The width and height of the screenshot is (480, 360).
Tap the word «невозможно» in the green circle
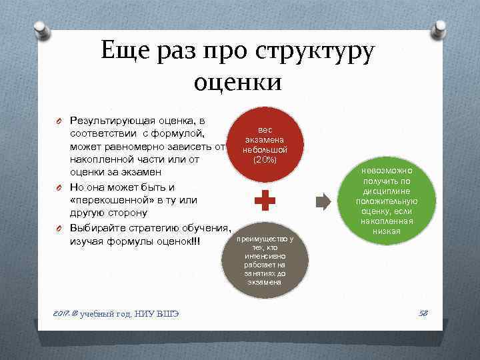click(x=388, y=171)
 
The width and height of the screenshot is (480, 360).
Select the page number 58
click(x=422, y=313)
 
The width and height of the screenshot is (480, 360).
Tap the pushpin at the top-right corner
click(x=440, y=29)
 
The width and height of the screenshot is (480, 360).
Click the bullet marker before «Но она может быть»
click(x=59, y=187)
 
